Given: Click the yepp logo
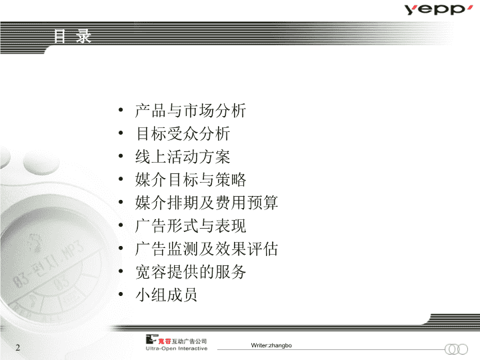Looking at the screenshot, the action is [439, 9].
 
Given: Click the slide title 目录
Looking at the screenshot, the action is [72, 36].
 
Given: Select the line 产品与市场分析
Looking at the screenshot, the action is [191, 111].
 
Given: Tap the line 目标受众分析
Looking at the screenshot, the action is [183, 134].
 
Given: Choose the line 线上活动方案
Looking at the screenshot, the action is [183, 157].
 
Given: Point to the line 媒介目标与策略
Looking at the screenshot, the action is [191, 180].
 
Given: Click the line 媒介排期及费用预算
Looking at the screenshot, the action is [207, 203].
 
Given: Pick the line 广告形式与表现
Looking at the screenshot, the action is [191, 225].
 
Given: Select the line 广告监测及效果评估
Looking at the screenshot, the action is [207, 249].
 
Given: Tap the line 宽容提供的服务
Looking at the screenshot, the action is [191, 272].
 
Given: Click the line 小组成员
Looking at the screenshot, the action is [166, 295].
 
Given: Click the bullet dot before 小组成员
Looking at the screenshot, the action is [121, 294].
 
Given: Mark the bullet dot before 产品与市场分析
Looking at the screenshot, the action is [121, 110].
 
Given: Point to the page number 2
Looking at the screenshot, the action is [18, 347].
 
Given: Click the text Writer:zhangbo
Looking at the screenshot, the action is [271, 345].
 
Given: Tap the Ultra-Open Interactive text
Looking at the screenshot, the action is [177, 349].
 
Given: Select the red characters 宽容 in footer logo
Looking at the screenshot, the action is [164, 341].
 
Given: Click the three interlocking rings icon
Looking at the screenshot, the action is [456, 349].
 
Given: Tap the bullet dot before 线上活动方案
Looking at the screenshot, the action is [121, 156].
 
